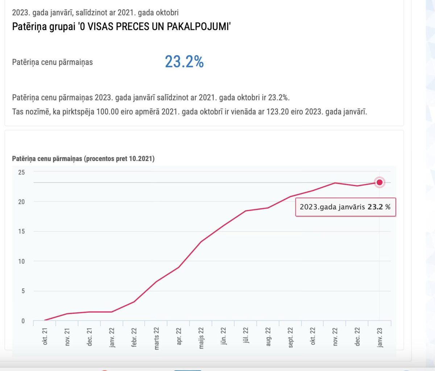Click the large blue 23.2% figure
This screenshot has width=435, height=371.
point(184,62)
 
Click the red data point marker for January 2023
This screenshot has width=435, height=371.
point(380,182)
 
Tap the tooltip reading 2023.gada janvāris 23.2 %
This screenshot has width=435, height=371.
point(345,207)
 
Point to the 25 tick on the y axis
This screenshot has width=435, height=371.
point(22,172)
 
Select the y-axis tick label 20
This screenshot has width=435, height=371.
point(22,202)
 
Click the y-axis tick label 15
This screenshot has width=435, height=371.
point(22,231)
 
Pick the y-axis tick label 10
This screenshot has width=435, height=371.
point(22,261)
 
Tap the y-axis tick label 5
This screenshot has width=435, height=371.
point(23,291)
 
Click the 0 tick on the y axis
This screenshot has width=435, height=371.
point(23,321)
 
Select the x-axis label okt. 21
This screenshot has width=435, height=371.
point(45,336)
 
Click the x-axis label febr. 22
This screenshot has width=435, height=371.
point(134,337)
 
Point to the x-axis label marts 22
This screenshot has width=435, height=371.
point(157,338)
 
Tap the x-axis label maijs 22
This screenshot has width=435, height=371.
point(201,338)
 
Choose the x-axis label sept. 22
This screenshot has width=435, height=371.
point(290,337)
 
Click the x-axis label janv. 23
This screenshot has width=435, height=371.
point(380,337)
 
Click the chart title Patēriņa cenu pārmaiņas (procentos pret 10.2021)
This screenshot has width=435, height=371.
point(83,158)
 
